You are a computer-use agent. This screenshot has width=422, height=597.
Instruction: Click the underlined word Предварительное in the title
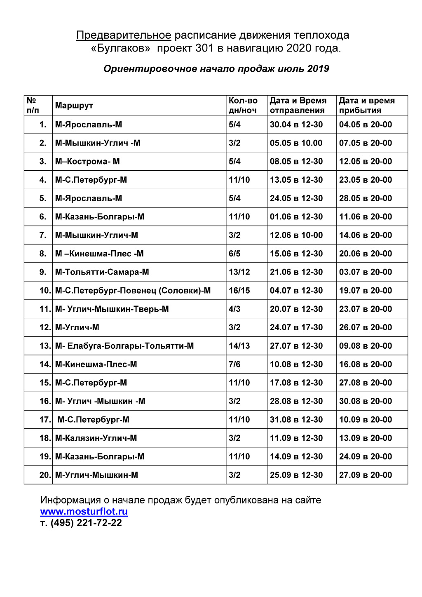(123, 35)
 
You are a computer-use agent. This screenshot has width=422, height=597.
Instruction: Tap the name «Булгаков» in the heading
(120, 49)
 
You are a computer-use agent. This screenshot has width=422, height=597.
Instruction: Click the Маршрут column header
(74, 106)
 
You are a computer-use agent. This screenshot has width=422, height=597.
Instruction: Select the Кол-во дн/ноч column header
(243, 106)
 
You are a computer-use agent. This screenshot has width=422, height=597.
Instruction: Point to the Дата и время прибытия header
(366, 106)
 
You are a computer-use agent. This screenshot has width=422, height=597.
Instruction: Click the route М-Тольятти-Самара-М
(102, 272)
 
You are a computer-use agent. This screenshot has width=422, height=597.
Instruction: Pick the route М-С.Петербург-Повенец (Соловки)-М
(133, 291)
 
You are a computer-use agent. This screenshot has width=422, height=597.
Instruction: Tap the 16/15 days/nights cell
(239, 291)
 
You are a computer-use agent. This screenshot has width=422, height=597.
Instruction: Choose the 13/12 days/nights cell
(239, 272)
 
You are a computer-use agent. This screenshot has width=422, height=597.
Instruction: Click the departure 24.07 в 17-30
(296, 327)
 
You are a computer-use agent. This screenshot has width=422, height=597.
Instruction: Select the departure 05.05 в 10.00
(296, 143)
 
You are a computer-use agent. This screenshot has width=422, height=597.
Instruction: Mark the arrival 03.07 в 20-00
(365, 272)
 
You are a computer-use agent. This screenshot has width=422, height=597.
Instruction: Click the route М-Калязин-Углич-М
(96, 438)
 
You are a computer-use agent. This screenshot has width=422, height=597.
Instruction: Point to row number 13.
(45, 346)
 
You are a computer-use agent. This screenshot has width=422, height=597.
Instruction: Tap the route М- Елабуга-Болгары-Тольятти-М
(124, 346)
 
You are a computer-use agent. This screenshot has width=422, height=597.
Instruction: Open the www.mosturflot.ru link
(84, 512)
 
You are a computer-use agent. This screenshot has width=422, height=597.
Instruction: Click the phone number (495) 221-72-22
(86, 523)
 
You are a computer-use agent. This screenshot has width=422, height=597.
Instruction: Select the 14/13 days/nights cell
(239, 346)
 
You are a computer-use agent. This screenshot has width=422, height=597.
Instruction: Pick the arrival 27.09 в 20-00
(365, 475)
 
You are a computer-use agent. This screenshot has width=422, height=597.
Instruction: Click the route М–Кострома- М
(87, 162)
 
